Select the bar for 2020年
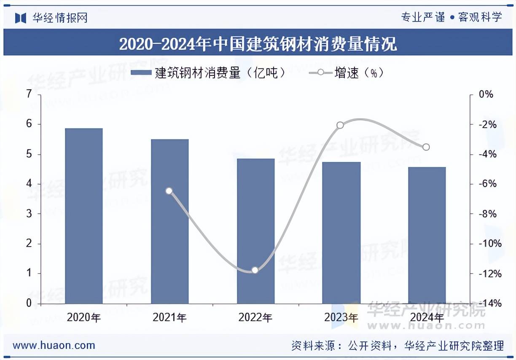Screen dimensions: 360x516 tap(84, 216)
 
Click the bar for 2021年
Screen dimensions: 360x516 tap(169, 221)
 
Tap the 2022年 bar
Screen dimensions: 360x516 tap(255, 231)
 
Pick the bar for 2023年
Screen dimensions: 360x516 tap(341, 233)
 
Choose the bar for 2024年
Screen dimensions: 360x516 tap(427, 235)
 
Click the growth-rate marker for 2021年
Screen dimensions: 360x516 tap(169, 191)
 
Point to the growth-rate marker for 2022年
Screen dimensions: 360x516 tap(255, 270)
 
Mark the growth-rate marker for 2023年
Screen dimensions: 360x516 tap(340, 125)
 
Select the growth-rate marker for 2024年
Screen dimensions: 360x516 tap(426, 147)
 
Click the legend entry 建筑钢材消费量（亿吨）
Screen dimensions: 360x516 tap(208, 73)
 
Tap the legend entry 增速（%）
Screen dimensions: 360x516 tap(346, 73)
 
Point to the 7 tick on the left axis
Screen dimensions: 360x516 tap(29, 94)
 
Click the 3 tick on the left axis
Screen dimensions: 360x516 tap(29, 214)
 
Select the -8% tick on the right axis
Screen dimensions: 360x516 tap(485, 214)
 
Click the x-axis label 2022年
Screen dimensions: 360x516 tap(255, 317)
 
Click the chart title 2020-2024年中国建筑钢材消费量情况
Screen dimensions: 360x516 tap(258, 44)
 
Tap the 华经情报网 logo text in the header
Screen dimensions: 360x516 tap(59, 18)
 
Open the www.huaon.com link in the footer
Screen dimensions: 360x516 tap(54, 346)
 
